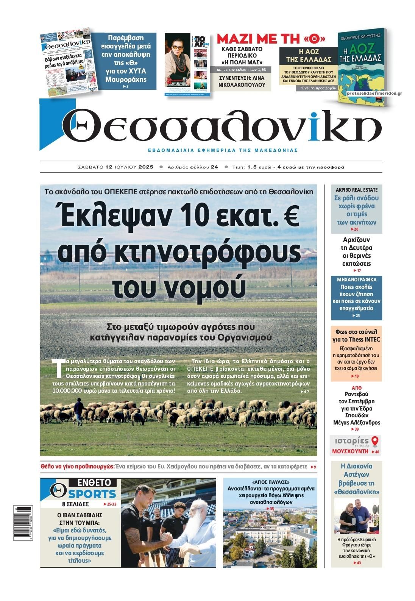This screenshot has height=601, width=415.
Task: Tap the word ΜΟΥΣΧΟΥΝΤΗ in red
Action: [350, 451]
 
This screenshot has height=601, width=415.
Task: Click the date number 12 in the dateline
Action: [109, 167]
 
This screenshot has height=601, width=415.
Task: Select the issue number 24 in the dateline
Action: [214, 167]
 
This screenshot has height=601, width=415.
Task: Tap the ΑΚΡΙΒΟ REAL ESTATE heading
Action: [357, 190]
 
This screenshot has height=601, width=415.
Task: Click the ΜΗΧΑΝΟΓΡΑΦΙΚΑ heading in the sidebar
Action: [357, 279]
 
